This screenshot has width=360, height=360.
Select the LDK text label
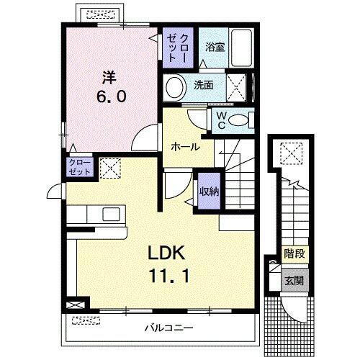(168, 253)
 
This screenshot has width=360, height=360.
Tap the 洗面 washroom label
(204, 85)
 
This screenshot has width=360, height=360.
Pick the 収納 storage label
(209, 191)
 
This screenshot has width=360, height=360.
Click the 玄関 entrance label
(292, 280)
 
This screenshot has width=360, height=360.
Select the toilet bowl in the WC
(245, 119)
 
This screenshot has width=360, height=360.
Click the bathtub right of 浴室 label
(240, 46)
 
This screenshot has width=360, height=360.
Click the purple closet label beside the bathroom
(177, 47)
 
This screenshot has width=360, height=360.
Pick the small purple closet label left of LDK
(79, 168)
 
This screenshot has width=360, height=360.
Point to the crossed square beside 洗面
(235, 86)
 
